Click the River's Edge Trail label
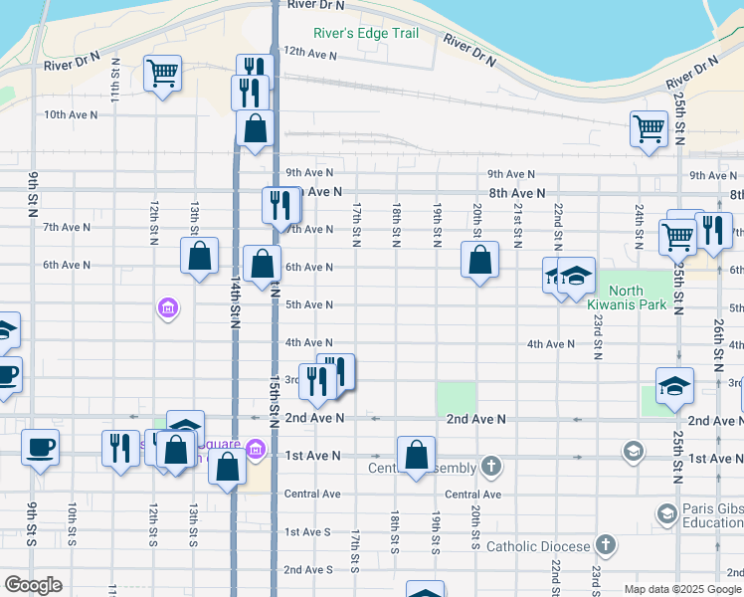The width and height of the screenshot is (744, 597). point(365,33)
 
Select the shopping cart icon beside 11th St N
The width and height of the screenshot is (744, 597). point(162,72)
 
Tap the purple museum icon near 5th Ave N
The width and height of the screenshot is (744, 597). point(167,309)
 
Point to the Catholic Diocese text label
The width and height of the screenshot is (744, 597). point(538,546)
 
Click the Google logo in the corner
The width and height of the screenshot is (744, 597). point(33,585)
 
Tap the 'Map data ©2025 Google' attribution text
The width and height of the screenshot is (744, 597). point(681,589)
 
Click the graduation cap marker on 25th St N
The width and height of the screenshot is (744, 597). point(674,385)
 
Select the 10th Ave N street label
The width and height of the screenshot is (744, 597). point(70,114)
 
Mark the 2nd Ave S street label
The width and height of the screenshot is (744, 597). point(307,570)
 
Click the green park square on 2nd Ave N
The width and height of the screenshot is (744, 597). point(455,398)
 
